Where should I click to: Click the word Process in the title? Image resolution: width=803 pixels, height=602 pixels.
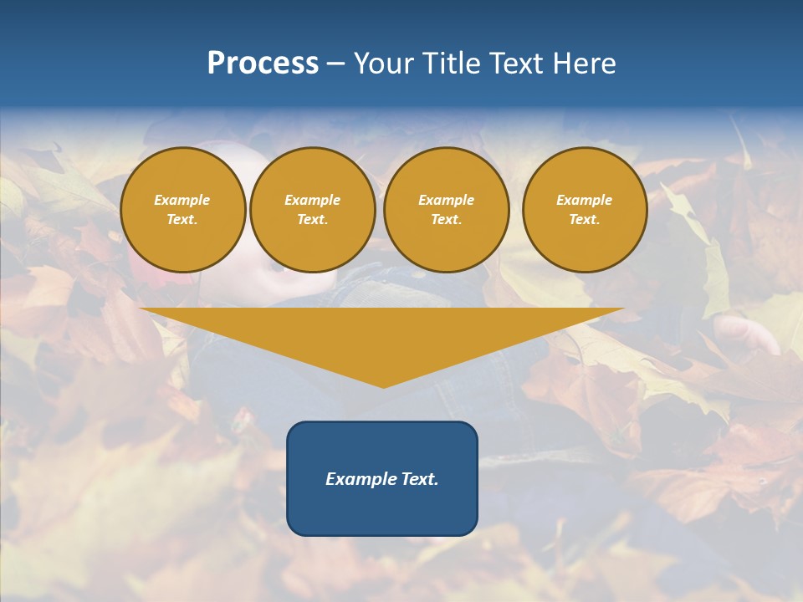tap(263, 64)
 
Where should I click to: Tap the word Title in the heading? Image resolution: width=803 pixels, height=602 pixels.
tap(452, 64)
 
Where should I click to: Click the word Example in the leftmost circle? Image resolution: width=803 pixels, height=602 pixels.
tap(182, 200)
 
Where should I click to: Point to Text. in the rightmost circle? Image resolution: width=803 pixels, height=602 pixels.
tap(584, 219)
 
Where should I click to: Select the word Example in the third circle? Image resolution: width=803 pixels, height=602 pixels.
tap(446, 200)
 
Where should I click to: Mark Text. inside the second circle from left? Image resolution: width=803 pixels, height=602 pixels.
tap(312, 219)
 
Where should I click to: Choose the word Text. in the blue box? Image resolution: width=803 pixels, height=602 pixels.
tap(417, 479)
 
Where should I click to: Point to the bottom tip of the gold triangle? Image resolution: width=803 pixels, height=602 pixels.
tap(382, 386)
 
